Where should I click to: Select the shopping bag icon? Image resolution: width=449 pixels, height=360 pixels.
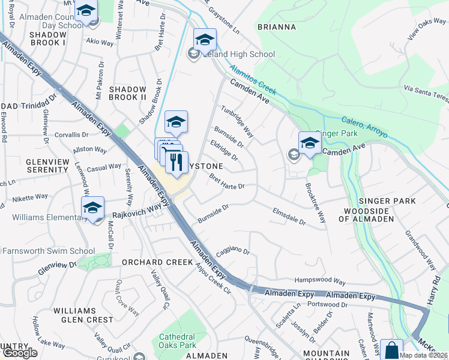(391, 350)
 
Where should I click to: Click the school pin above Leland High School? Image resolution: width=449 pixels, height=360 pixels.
(205, 40)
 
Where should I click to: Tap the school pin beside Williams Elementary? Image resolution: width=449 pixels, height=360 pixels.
(92, 208)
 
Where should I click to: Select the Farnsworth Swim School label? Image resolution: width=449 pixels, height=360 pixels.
(49, 251)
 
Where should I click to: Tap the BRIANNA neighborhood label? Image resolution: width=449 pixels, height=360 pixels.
(276, 27)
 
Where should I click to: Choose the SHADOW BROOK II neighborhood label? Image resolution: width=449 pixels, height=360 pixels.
(128, 93)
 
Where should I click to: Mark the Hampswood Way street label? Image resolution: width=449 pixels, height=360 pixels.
(320, 281)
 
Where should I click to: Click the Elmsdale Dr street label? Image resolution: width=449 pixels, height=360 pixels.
(289, 217)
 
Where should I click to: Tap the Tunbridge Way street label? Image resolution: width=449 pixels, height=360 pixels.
(237, 122)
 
